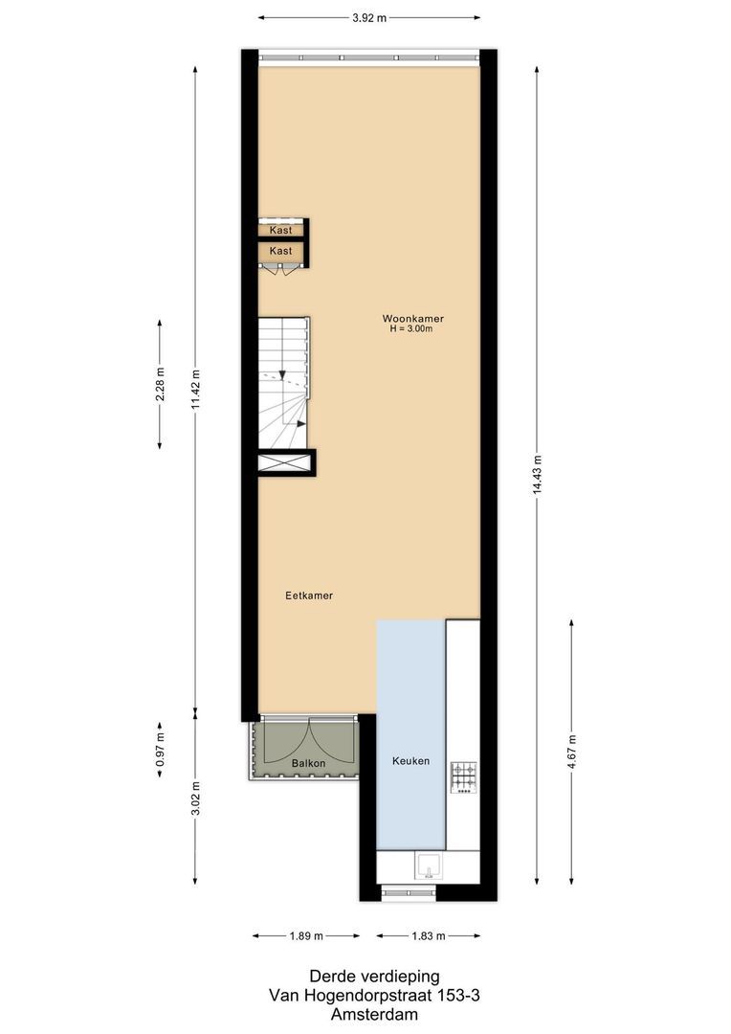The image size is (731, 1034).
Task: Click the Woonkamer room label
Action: (x=412, y=318)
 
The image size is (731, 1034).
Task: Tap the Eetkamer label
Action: (x=309, y=596)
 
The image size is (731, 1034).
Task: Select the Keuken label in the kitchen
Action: (x=410, y=761)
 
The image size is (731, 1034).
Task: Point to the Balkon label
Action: (x=308, y=763)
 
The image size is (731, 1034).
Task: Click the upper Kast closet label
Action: (x=280, y=231)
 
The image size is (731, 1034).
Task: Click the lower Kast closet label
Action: (x=280, y=251)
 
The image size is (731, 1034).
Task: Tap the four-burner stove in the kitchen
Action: (x=464, y=776)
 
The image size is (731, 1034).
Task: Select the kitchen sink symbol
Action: (x=428, y=866)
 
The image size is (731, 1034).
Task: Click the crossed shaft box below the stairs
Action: (x=285, y=462)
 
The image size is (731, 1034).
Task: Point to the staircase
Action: (x=284, y=383)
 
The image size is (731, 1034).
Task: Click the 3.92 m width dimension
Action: (x=369, y=17)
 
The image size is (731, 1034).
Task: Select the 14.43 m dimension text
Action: (x=537, y=474)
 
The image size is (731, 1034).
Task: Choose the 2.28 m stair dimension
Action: (x=160, y=383)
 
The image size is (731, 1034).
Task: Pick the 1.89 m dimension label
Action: (x=306, y=935)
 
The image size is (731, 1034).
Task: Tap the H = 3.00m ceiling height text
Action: (x=412, y=329)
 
